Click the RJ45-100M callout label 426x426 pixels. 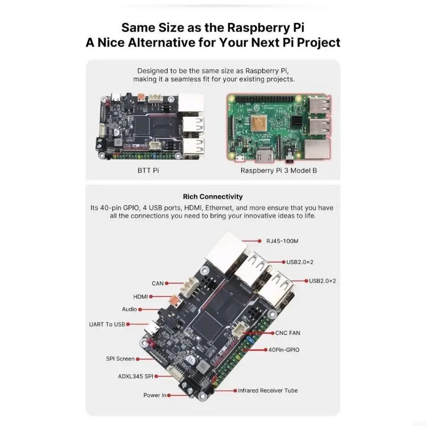(282, 241)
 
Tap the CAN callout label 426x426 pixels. (158, 283)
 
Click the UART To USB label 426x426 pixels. (108, 324)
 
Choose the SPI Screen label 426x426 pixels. (120, 359)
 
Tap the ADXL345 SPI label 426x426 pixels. (135, 376)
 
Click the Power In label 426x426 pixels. (155, 395)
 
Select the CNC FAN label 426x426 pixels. (287, 333)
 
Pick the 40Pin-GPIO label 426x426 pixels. (284, 350)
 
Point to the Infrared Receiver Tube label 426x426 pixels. (267, 390)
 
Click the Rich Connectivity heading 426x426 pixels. (212, 196)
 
